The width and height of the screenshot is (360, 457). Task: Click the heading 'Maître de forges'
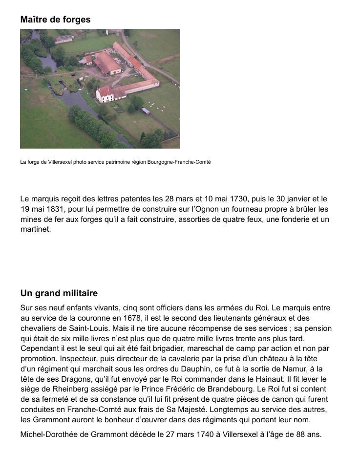pyautogui.click(x=55, y=20)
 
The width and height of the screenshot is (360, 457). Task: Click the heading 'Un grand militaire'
pyautogui.click(x=59, y=293)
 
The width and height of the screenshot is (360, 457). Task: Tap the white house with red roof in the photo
pyautogui.click(x=105, y=93)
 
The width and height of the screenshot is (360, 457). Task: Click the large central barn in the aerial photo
pyautogui.click(x=107, y=63)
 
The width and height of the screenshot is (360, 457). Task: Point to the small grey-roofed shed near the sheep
pyautogui.click(x=146, y=111)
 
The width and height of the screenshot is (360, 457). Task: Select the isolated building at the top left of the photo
pyautogui.click(x=64, y=39)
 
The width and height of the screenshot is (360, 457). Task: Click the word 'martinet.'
pyautogui.click(x=36, y=229)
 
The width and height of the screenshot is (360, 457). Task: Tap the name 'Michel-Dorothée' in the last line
pyautogui.click(x=49, y=434)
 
